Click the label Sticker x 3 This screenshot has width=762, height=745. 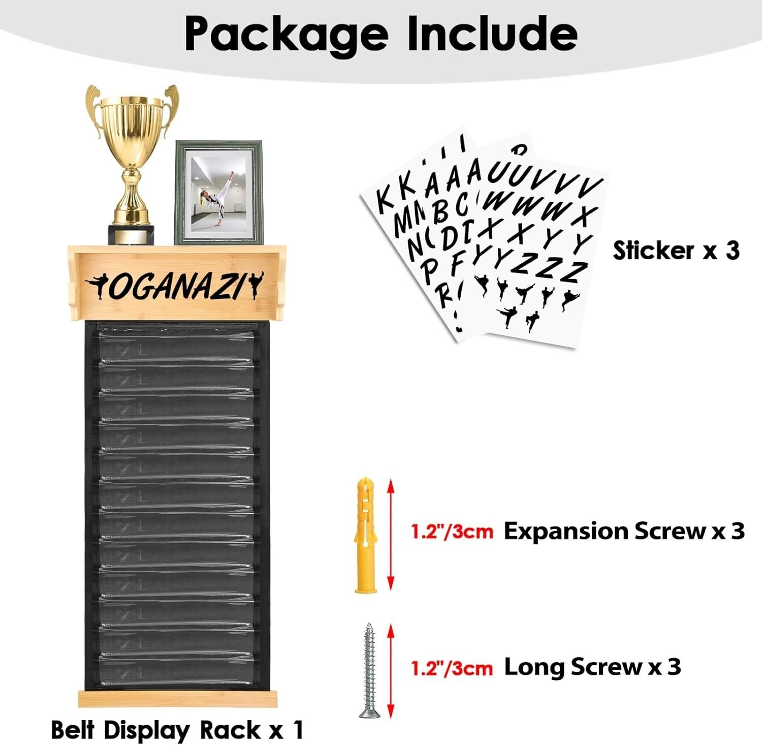tap(676, 251)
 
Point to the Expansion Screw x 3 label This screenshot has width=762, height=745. tap(624, 532)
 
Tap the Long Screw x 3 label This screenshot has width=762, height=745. tap(592, 667)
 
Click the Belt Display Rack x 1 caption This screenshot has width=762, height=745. tap(177, 730)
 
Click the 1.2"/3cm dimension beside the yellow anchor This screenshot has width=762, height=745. tap(452, 532)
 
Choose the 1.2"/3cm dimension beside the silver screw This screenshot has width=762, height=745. tap(452, 668)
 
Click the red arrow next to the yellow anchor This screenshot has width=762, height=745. tap(390, 534)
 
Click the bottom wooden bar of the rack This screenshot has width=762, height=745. tap(178, 698)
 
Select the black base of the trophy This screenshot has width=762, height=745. tap(133, 234)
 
